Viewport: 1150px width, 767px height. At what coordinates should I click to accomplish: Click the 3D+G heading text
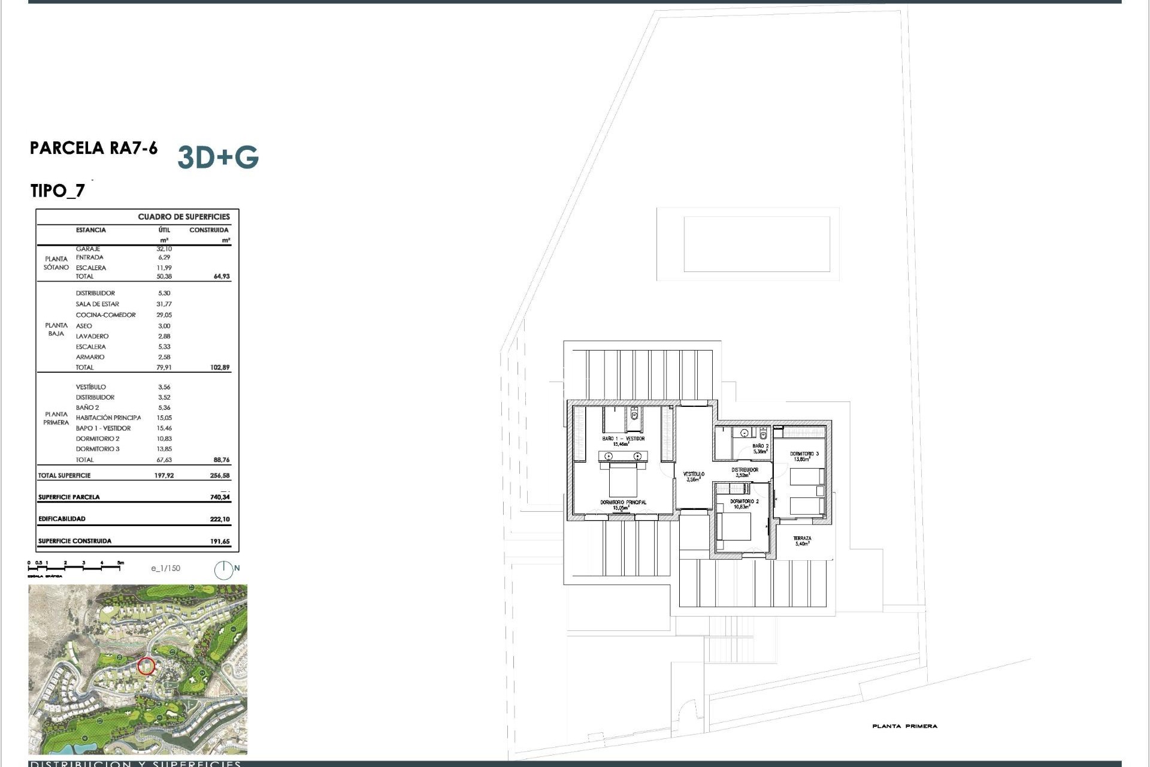pyautogui.click(x=218, y=157)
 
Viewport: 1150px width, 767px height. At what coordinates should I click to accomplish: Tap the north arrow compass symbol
pyautogui.click(x=223, y=570)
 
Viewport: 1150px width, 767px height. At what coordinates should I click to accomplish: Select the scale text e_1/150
pyautogui.click(x=165, y=568)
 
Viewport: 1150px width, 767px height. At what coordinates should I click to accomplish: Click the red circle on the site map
pyautogui.click(x=146, y=666)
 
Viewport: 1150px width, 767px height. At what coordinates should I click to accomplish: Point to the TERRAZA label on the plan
pyautogui.click(x=802, y=539)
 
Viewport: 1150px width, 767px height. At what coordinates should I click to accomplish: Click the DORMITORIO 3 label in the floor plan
pyautogui.click(x=804, y=454)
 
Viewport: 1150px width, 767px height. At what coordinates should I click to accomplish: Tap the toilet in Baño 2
pyautogui.click(x=763, y=433)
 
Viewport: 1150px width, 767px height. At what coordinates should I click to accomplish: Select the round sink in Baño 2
pyautogui.click(x=744, y=433)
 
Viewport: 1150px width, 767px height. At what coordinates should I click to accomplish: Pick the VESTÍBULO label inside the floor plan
pyautogui.click(x=694, y=474)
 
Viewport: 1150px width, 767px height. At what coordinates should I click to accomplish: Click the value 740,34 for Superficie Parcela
pyautogui.click(x=220, y=497)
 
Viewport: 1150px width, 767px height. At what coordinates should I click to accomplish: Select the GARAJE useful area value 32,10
pyautogui.click(x=164, y=249)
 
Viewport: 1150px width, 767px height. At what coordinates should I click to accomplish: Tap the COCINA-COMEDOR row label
pyautogui.click(x=105, y=315)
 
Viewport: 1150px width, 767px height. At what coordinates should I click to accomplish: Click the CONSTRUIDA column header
pyautogui.click(x=208, y=230)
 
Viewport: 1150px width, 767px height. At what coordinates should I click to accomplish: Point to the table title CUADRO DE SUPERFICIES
pyautogui.click(x=184, y=217)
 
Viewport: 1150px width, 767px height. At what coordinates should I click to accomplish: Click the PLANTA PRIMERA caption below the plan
pyautogui.click(x=904, y=726)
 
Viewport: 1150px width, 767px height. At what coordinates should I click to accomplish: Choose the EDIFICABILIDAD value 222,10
pyautogui.click(x=220, y=519)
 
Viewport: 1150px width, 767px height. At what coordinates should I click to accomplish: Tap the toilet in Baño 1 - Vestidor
pyautogui.click(x=634, y=415)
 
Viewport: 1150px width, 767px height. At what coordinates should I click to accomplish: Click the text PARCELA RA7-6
pyautogui.click(x=93, y=148)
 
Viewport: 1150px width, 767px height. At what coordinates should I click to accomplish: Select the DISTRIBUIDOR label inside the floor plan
pyautogui.click(x=745, y=470)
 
